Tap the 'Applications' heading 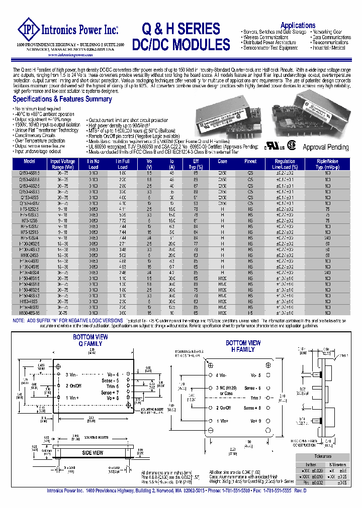tap(298, 25)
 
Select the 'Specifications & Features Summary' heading tap(62, 99)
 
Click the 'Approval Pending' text tap(325, 147)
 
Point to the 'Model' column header tap(30, 161)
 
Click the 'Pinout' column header tap(250, 161)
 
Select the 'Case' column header tap(222, 161)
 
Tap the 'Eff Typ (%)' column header tap(196, 164)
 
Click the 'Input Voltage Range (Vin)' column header tap(62, 164)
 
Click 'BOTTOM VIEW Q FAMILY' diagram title tap(90, 340)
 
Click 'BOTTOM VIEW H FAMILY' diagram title tap(243, 346)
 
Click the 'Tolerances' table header tap(323, 456)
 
